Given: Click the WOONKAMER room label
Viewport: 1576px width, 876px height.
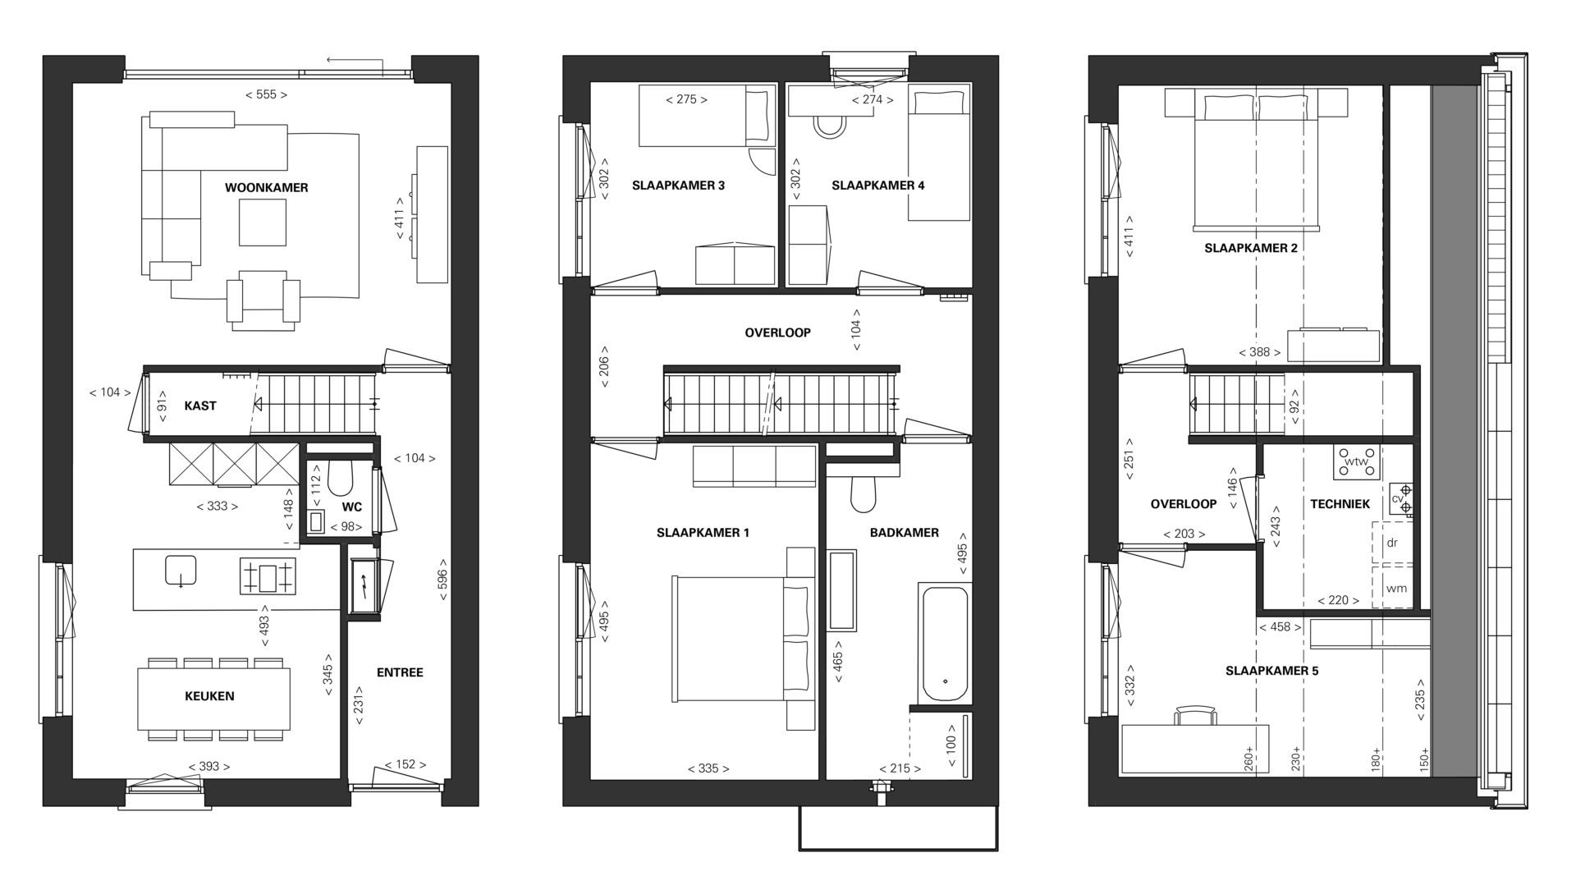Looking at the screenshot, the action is click(266, 188).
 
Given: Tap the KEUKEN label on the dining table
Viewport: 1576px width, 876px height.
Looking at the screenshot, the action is click(209, 696).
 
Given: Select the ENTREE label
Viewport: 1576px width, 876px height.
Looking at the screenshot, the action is click(400, 672).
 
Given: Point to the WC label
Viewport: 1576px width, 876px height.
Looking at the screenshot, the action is click(352, 507).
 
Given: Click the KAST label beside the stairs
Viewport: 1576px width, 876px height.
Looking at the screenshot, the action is click(200, 406).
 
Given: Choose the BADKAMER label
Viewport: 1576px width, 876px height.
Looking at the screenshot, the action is click(905, 533).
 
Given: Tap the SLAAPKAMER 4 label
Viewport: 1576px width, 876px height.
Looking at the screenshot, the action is click(878, 186).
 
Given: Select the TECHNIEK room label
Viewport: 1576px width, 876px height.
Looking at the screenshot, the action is click(1340, 504).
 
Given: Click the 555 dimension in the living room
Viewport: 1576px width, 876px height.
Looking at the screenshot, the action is click(266, 94).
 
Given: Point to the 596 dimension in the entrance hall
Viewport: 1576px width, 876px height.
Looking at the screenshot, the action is click(442, 585).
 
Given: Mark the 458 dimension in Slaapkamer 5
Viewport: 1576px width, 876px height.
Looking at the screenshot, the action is click(1280, 627).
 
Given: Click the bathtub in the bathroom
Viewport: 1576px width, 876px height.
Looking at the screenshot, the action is click(946, 644).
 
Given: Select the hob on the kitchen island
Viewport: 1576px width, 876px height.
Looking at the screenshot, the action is click(268, 576).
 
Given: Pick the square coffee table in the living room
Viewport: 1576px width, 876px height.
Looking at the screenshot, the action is click(263, 223).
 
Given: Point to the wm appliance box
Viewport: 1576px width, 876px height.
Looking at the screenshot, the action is click(1395, 588).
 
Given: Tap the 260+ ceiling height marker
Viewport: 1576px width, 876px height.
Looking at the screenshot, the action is click(1249, 756).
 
